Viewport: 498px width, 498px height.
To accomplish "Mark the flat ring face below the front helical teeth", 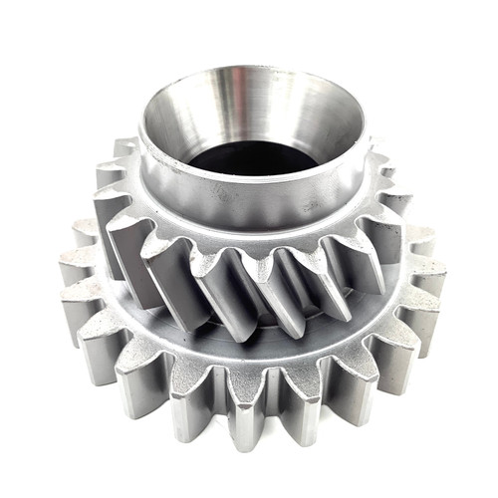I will coord(249,344).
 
